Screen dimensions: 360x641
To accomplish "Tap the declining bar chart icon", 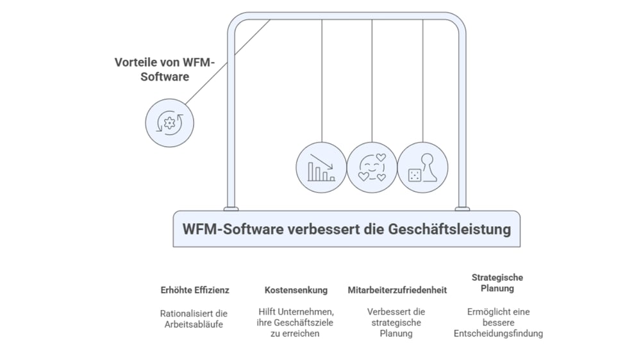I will [x=321, y=167].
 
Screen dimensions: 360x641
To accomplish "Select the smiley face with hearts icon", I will [x=372, y=167].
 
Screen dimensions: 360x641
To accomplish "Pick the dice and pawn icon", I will [x=422, y=167].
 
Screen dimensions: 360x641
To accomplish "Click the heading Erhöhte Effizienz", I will [x=195, y=290].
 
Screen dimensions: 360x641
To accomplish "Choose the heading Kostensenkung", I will [x=296, y=290].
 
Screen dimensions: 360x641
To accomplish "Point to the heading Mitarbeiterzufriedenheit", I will [x=397, y=290].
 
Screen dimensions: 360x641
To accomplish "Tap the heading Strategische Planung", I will [x=497, y=282].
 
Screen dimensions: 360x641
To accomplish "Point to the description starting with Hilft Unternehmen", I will [x=296, y=322].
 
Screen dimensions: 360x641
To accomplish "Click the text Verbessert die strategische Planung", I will [x=396, y=322].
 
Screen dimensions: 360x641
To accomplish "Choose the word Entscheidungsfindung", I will [x=498, y=333].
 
